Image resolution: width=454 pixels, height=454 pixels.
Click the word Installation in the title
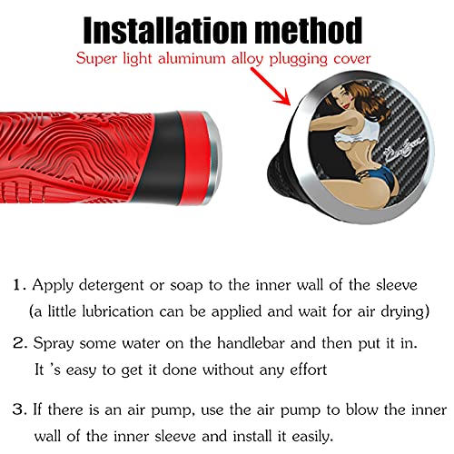coord(166,30)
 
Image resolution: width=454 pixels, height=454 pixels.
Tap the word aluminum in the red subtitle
coord(192,58)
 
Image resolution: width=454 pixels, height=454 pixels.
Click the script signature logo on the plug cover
coord(404,149)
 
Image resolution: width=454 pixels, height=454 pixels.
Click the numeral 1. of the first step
coord(20,285)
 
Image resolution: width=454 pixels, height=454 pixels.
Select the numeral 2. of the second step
coord(20,343)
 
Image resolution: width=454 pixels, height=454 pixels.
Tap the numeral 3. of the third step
coord(20,410)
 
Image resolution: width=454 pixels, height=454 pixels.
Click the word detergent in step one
coord(111,286)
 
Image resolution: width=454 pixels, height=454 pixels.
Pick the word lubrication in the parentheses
coord(118,311)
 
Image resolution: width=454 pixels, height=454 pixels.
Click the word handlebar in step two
coord(252,343)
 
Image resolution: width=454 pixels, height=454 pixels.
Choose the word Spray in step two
coord(54,344)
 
